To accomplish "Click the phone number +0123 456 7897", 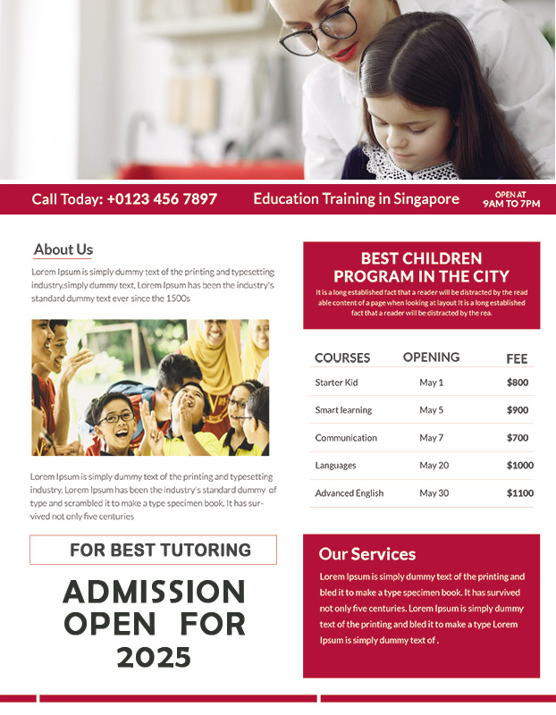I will coord(162,199).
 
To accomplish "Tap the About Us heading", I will coord(63,250).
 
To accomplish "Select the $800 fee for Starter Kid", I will coord(518,383).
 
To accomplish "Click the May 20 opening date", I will coord(434,466).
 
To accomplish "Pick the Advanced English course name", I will coord(349,493).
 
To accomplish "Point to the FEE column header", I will coord(517,358).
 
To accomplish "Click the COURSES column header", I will coord(341,357).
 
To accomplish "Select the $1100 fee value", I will coord(519,493).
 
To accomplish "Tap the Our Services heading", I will coord(366,554).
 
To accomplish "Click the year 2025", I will coord(154,658).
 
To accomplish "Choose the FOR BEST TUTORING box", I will coord(153,550).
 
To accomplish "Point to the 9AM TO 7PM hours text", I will coord(511,204).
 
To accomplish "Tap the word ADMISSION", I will coord(154,592).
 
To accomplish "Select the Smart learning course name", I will coord(343,410).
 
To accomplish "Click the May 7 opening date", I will coord(431,438).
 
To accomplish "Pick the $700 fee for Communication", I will coord(518,438).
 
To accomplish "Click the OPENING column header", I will coord(431,357).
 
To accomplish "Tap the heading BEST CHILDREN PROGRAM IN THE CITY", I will coord(421,267).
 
